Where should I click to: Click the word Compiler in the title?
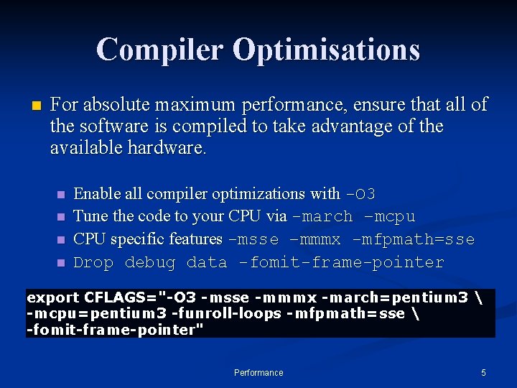click(159, 50)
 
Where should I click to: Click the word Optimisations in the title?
click(326, 50)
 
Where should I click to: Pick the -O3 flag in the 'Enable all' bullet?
click(360, 194)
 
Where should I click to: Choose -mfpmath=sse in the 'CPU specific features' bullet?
click(414, 239)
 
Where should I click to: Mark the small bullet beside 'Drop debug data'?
click(60, 263)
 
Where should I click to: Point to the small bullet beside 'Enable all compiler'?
click(60, 195)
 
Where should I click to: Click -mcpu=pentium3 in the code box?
click(80, 314)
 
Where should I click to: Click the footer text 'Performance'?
click(258, 373)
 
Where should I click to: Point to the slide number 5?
click(483, 373)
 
